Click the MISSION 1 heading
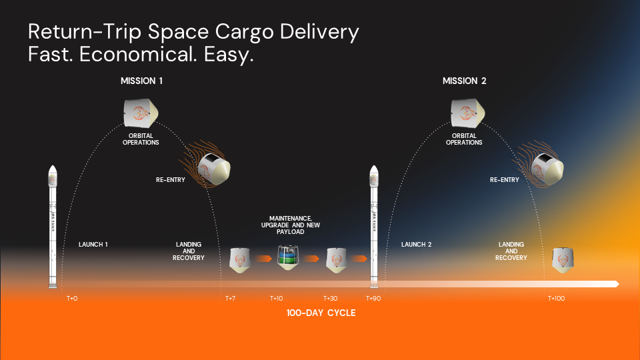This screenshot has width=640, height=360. click(x=141, y=81)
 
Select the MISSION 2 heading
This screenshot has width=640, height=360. click(x=465, y=81)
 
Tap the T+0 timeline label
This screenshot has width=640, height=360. click(x=72, y=299)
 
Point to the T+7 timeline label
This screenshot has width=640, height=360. click(x=230, y=299)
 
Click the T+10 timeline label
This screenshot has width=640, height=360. click(x=276, y=299)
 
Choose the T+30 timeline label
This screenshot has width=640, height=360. click(x=330, y=299)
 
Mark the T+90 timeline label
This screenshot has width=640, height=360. click(x=373, y=299)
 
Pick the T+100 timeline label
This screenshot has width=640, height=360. click(x=556, y=299)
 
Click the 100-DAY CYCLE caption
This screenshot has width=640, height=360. click(x=321, y=313)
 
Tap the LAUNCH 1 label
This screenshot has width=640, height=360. click(x=93, y=245)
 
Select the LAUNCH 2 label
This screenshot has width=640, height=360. click(x=416, y=245)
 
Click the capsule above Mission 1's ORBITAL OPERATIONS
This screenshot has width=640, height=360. click(x=141, y=113)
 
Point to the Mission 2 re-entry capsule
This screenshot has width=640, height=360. click(x=547, y=168)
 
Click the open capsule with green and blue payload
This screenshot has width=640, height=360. click(x=288, y=257)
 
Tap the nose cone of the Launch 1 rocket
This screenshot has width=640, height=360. click(x=53, y=170)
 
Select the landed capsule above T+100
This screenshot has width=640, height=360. click(x=563, y=260)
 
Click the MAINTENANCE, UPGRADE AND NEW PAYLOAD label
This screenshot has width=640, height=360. click(x=291, y=225)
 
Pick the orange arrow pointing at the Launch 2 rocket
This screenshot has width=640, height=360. click(x=359, y=259)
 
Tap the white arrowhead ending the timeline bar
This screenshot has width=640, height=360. click(x=617, y=284)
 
